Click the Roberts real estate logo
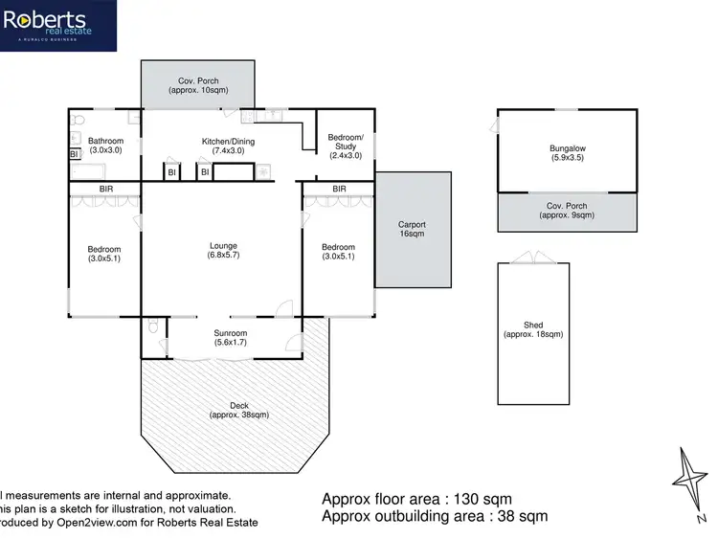58,26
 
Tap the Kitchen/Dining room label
228,147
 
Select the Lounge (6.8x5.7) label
223,252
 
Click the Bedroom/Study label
345,146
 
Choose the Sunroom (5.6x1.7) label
230,338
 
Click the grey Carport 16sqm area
413,229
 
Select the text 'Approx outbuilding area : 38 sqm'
435,517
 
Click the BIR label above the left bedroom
105,190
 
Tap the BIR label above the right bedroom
339,190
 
